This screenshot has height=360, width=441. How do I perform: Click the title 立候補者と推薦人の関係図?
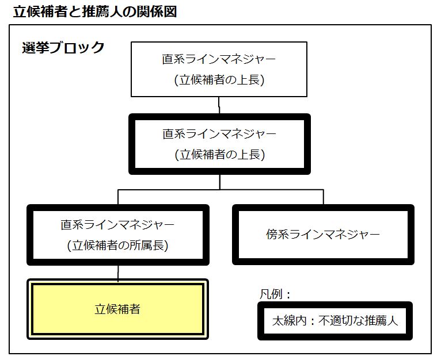(95, 12)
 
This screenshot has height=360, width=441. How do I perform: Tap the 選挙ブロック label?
(63, 47)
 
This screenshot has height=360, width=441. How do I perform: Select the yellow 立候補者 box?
(118, 309)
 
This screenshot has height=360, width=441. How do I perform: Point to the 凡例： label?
(275, 294)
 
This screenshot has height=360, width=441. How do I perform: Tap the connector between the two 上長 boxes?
(219, 105)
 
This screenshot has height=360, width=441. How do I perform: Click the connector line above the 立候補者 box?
(118, 273)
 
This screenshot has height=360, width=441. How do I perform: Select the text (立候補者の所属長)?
(118, 246)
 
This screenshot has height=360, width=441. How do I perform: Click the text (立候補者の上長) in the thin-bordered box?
(219, 80)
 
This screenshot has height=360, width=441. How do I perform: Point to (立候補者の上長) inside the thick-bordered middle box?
(220, 155)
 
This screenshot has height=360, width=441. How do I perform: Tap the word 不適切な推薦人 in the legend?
(358, 321)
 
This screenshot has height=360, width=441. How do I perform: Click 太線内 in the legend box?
(289, 321)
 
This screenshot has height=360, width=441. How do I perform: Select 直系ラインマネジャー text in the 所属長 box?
(117, 225)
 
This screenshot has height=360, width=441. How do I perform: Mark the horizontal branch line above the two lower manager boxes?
(221, 190)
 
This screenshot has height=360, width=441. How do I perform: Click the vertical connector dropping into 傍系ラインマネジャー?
(324, 197)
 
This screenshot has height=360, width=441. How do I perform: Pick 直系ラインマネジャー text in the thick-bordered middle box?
(219, 134)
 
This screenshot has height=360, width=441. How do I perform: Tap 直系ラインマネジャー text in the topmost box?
(219, 59)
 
